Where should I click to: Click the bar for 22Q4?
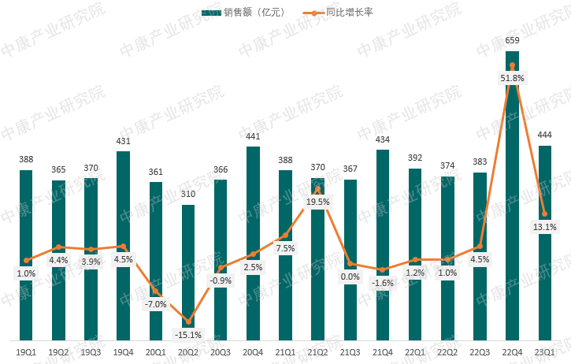[512, 197]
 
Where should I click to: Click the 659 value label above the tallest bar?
[512, 40]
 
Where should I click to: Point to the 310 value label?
[188, 194]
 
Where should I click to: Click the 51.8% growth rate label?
[512, 78]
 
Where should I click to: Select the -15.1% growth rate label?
[188, 334]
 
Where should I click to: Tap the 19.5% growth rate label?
[317, 202]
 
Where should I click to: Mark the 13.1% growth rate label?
[544, 228]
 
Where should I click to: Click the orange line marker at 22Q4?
[512, 65]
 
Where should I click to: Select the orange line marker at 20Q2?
[188, 321]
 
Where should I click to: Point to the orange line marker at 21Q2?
[317, 188]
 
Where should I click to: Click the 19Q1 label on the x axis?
[26, 352]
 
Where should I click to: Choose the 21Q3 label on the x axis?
[350, 352]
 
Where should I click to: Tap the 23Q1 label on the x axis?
[544, 352]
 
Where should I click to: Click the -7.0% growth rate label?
[156, 304]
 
